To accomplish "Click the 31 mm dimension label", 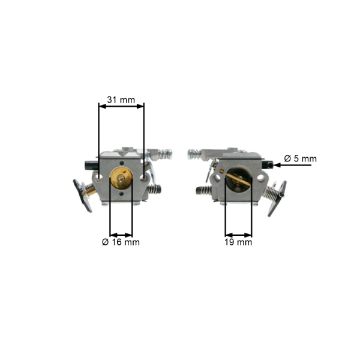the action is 121,100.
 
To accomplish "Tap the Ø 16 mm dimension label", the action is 121,242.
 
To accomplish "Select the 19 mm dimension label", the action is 238,242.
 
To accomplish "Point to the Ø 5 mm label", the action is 301,158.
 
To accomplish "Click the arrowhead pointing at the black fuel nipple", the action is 277,165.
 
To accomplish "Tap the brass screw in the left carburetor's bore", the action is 121,178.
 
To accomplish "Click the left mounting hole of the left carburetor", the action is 99,177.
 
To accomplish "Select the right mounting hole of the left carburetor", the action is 143,177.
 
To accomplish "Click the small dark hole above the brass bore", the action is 121,163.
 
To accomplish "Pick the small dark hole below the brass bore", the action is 121,194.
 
